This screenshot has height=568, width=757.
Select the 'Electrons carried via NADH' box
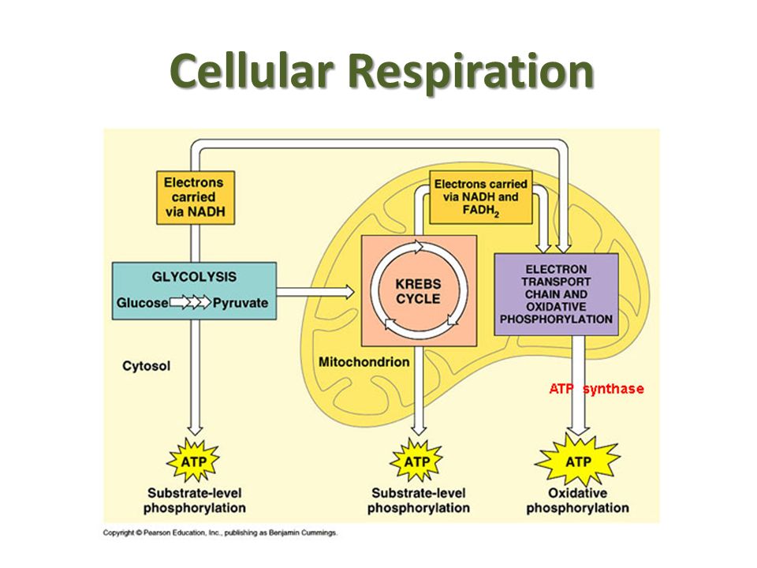coord(196,197)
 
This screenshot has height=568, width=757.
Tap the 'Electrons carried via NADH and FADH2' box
coord(481,197)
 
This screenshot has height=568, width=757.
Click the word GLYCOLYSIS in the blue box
coord(194,277)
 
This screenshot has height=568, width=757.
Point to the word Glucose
coord(143,303)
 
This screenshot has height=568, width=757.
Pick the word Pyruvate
coord(241,303)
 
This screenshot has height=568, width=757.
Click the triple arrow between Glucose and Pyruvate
coord(190,303)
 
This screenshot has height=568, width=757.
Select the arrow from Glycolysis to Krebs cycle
coord(315,292)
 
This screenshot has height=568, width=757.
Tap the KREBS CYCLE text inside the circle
coord(418,291)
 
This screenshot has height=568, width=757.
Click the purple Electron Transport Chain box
coord(556,294)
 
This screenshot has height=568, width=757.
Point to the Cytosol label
coord(147,366)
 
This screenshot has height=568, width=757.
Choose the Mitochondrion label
coord(364,362)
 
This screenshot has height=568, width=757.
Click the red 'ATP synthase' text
coord(596,389)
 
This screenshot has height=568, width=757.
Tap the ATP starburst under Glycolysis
coord(193,461)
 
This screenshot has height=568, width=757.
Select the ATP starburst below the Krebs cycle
coord(416,461)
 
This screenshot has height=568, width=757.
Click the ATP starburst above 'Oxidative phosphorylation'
coord(577,461)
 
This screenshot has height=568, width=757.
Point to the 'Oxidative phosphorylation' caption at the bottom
coord(577,500)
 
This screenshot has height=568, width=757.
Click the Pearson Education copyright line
coord(220,532)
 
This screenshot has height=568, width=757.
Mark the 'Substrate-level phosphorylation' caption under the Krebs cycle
coord(419,500)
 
